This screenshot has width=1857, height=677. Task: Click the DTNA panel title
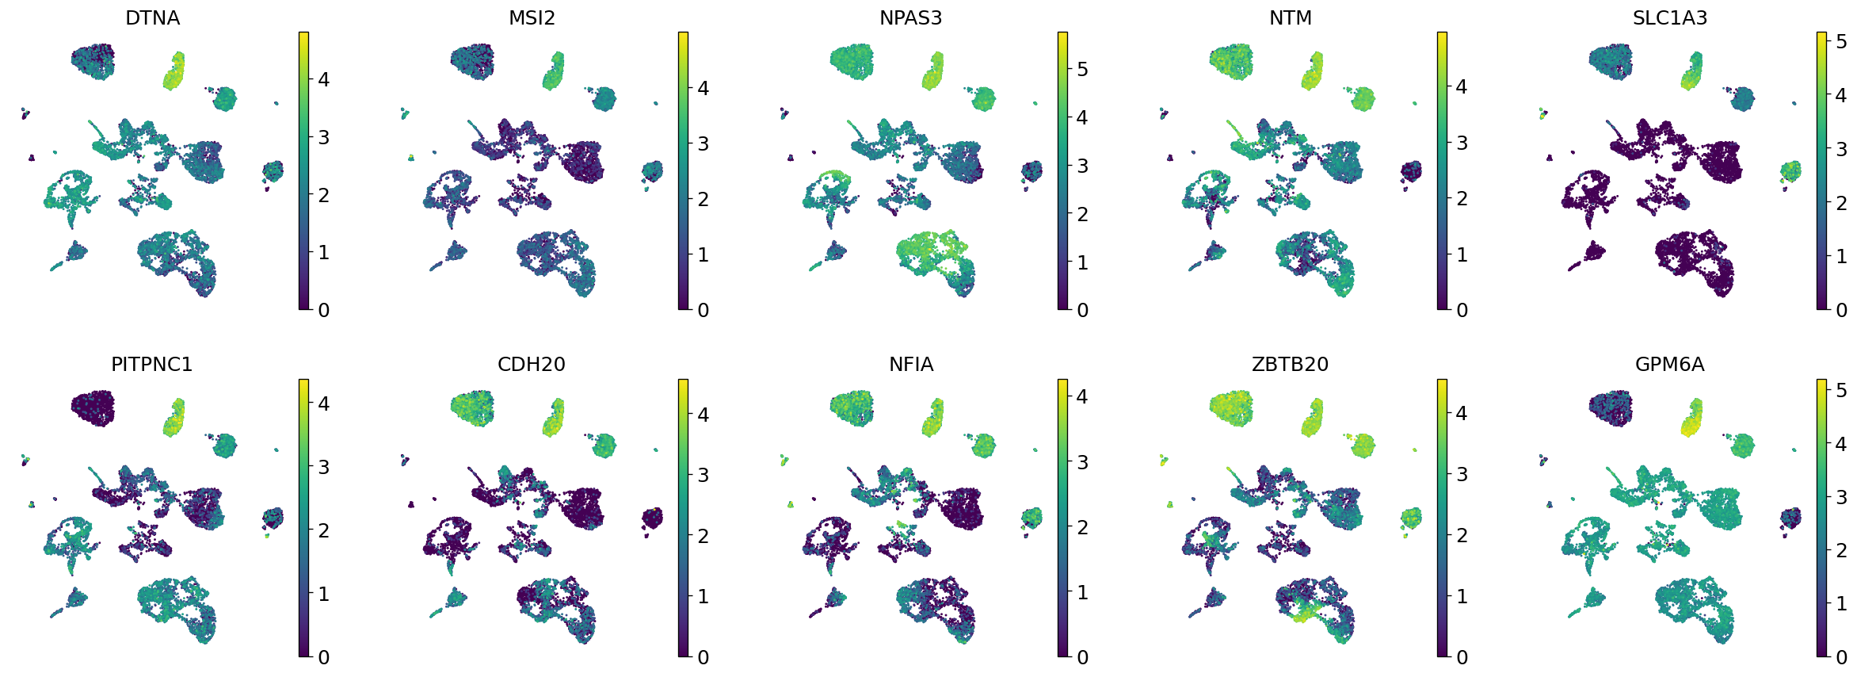[x=152, y=17]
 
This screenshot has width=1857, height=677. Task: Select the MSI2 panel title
[x=532, y=17]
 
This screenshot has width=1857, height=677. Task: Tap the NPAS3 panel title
[x=910, y=17]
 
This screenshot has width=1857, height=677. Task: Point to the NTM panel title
[x=1290, y=17]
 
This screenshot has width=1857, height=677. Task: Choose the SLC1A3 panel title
[x=1669, y=17]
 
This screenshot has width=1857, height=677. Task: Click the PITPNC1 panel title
[x=152, y=365]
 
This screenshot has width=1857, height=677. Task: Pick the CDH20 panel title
[x=532, y=365]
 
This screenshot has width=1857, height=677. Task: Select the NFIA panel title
[x=910, y=365]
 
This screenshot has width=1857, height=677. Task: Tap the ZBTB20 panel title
[x=1290, y=365]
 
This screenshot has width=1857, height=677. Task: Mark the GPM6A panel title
[x=1669, y=365]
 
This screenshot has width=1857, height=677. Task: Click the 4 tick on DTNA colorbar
[x=322, y=79]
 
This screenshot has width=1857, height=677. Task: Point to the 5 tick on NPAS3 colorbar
[x=1082, y=70]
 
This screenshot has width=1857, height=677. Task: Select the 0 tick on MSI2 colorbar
[x=703, y=310]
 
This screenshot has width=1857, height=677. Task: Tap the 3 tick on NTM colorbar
[x=1462, y=143]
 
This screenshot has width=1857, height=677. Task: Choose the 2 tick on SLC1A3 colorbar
[x=1841, y=203]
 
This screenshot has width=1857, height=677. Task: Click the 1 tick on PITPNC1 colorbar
[x=322, y=594]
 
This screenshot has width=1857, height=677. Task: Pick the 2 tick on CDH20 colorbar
[x=703, y=536]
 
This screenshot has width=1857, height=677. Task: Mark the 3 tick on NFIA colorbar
[x=1082, y=462]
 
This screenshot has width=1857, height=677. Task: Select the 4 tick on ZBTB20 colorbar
[x=1462, y=413]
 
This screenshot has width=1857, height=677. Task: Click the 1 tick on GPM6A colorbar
[x=1841, y=603]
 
